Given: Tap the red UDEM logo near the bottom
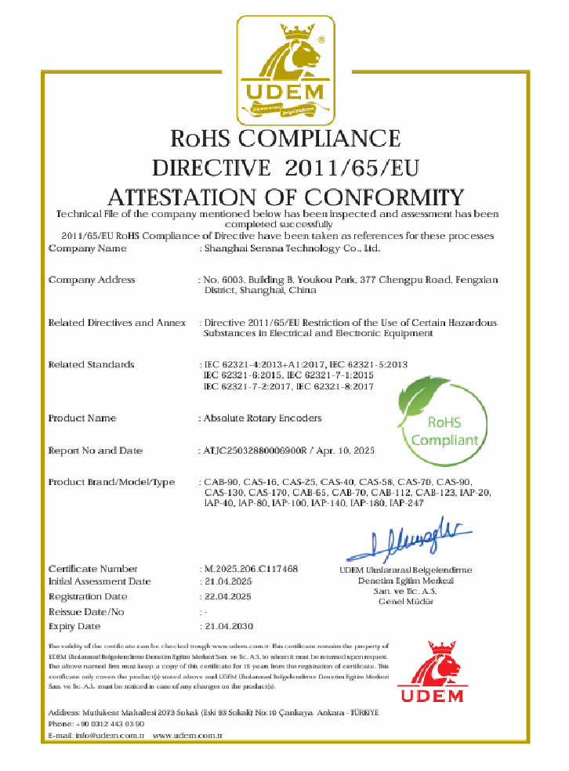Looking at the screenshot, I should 429,672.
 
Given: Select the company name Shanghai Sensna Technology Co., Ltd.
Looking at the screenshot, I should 292,248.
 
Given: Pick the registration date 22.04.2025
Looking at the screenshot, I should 227,597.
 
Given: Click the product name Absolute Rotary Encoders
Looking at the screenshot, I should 263,418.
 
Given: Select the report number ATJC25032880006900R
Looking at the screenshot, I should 256,451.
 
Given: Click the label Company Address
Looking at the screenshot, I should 92,280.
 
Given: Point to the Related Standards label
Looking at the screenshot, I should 92,364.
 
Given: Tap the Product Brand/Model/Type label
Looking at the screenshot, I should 111,482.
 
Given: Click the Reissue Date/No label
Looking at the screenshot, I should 86,611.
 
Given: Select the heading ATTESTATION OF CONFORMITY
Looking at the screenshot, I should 285,196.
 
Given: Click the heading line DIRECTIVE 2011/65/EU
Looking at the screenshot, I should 285,168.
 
